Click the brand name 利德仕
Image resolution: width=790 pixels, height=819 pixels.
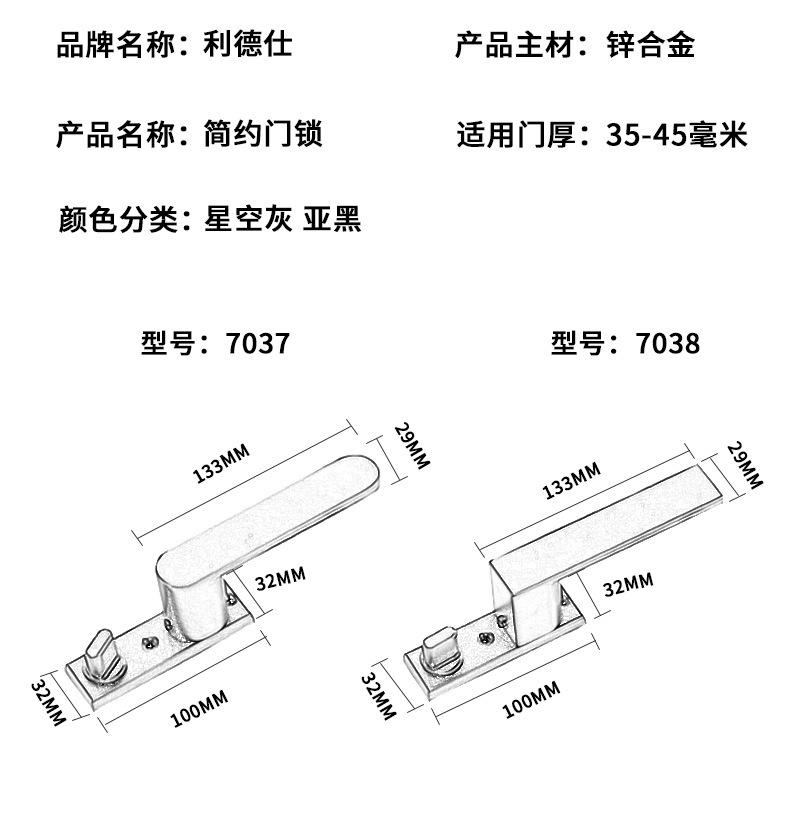pos(249,45)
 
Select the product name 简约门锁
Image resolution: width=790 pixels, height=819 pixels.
pos(264,133)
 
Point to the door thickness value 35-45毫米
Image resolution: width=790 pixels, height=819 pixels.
pos(677,133)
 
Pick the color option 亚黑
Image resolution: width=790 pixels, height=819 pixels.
pos(331,218)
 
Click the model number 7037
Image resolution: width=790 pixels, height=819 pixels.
pos(258,344)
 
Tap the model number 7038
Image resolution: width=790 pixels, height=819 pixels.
pos(669,344)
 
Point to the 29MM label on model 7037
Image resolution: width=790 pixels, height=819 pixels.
pos(411,446)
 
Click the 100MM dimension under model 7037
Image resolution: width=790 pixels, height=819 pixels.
pos(199,708)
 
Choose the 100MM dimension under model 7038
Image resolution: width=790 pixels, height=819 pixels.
pos(530,701)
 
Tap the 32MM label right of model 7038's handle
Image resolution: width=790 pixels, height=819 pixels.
pos(628,584)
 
